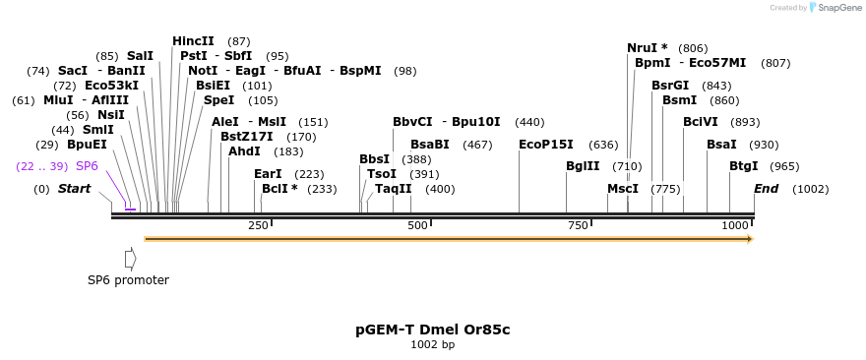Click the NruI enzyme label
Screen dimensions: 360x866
[647, 48]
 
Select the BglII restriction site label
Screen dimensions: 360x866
[584, 166]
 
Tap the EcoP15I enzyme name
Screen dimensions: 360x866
[546, 145]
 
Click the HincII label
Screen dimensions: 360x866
[193, 41]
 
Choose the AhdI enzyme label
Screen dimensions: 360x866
[244, 151]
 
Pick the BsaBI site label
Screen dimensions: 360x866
[430, 145]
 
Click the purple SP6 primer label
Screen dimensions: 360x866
[87, 166]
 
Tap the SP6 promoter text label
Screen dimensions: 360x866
[128, 280]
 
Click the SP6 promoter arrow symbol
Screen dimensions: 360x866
[130, 258]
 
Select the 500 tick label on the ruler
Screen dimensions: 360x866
[417, 226]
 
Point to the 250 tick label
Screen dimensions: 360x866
[258, 226]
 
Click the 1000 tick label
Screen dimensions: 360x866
[735, 226]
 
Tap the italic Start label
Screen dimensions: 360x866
[74, 189]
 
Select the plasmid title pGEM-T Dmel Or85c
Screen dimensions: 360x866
[432, 330]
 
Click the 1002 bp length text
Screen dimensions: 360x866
[432, 345]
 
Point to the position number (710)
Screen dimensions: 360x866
[627, 166]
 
